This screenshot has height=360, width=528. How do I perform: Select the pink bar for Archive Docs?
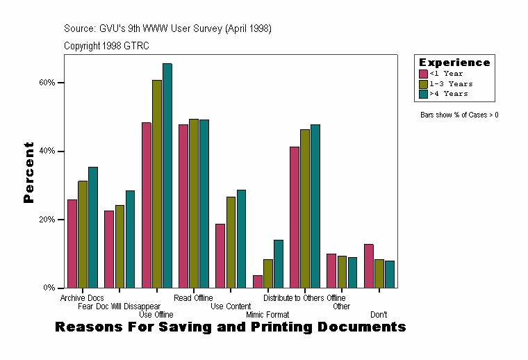[x=72, y=243]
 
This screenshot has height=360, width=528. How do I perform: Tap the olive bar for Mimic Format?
[x=268, y=273]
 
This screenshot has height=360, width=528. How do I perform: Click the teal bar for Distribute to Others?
[x=315, y=206]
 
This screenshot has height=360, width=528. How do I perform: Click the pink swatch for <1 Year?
[x=423, y=74]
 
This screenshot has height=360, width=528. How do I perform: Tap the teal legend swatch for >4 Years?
[x=423, y=93]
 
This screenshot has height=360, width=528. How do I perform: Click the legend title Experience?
[x=454, y=63]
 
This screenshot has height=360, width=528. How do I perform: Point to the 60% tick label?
[x=47, y=83]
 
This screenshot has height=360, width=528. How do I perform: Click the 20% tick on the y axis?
[x=61, y=220]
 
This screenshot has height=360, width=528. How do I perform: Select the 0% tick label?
[x=49, y=288]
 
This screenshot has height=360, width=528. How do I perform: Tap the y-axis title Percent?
[x=28, y=172]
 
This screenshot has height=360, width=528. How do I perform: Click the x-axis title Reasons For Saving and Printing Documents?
[x=230, y=327]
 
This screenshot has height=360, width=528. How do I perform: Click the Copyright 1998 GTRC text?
[x=106, y=46]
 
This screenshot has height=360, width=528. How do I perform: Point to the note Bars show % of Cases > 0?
[x=459, y=115]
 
